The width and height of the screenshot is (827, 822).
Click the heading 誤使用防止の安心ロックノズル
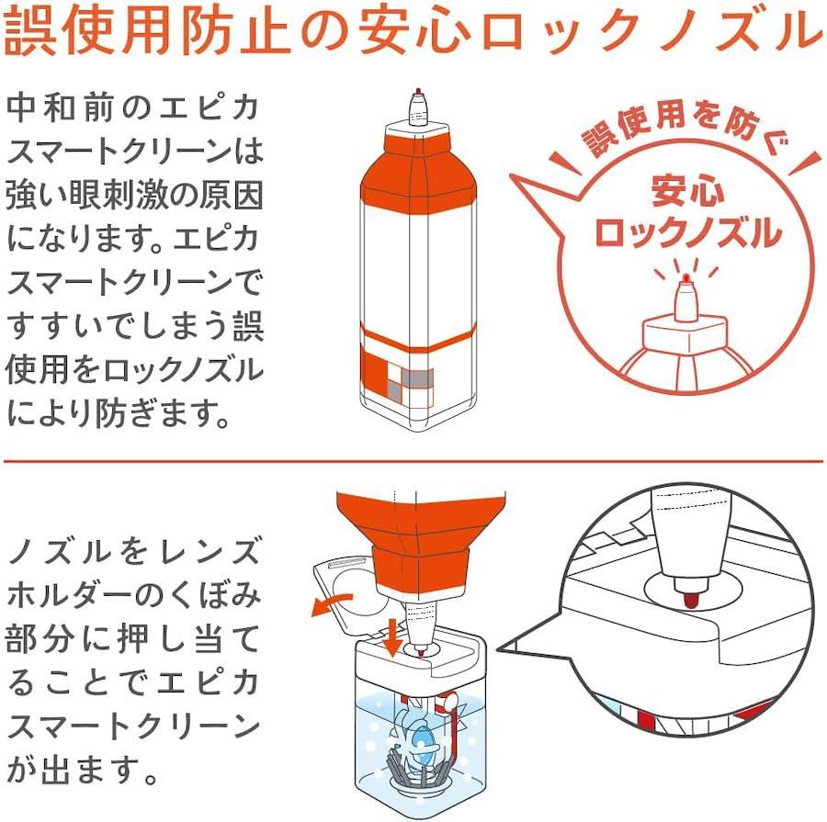click(412, 30)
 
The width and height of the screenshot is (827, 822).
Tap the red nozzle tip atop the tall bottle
click(418, 91)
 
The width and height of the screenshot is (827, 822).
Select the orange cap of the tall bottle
click(418, 169)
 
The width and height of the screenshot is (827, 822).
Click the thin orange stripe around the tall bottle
click(418, 337)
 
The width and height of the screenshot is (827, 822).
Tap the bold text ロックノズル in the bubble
click(688, 233)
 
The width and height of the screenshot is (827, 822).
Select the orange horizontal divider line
click(413, 461)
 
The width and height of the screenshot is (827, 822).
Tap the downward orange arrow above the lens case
click(392, 638)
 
